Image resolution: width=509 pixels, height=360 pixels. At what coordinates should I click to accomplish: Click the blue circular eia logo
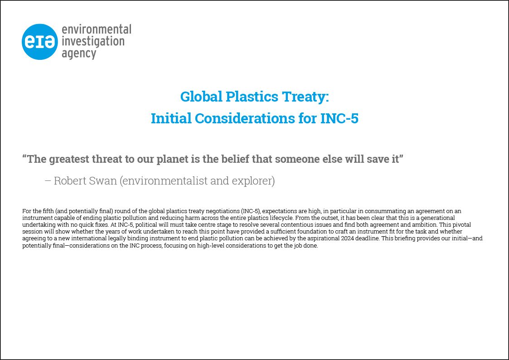click(x=39, y=42)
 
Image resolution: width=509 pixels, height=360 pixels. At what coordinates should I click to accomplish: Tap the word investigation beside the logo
click(x=93, y=42)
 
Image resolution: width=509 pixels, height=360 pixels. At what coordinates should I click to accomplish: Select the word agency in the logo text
click(x=79, y=54)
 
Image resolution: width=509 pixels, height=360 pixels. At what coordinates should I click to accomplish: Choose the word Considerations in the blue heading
click(x=245, y=118)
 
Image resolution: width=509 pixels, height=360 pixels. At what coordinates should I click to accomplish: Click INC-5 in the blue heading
click(x=339, y=118)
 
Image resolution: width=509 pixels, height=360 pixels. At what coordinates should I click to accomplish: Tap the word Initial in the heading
click(x=171, y=118)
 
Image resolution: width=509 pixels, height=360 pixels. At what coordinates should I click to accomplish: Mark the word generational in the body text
click(x=437, y=218)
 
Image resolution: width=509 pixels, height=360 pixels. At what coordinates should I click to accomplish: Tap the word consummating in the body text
click(x=385, y=211)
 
